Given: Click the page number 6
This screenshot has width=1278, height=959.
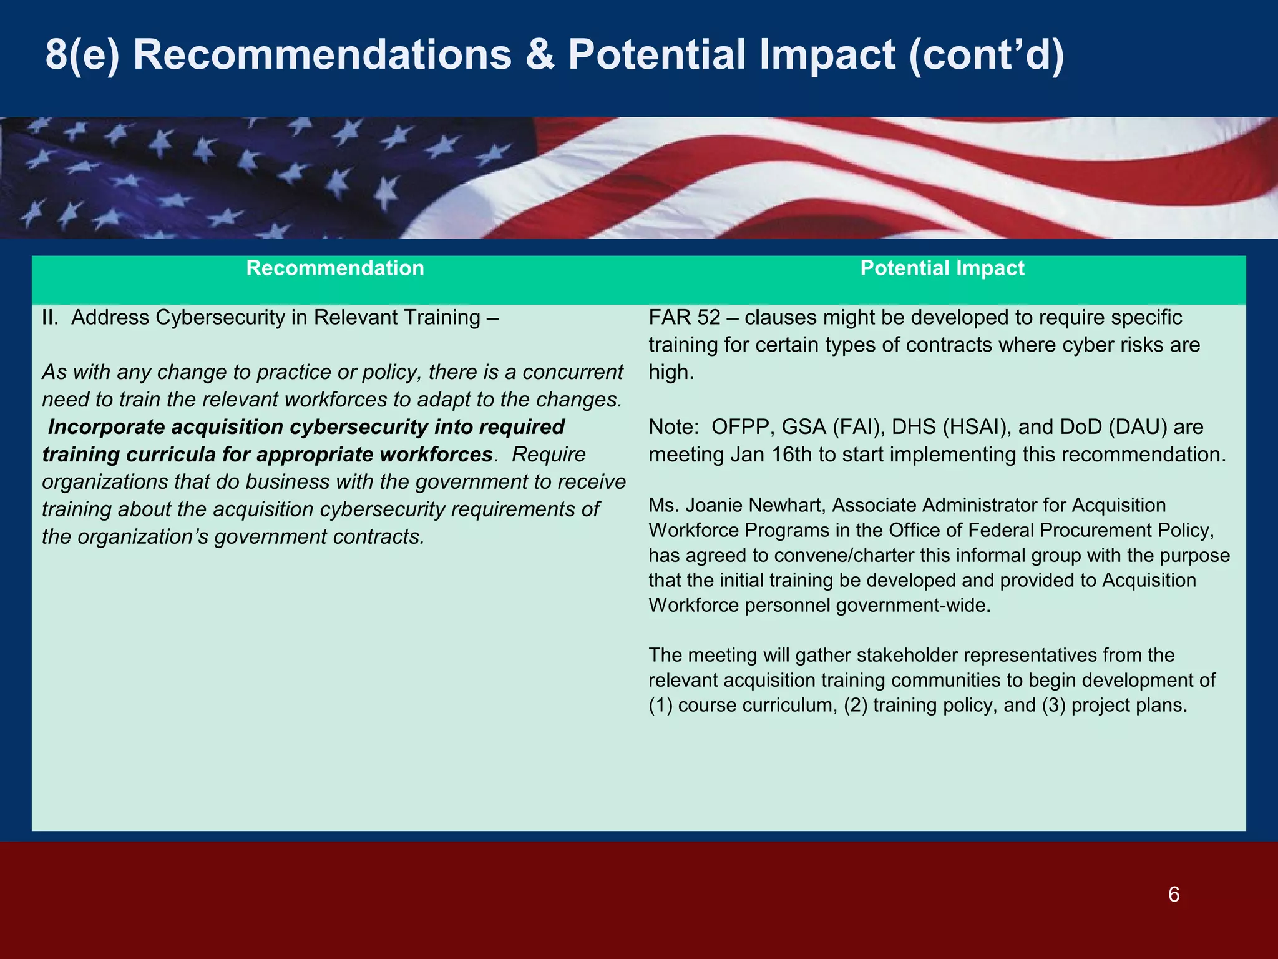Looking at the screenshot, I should point(1173,895).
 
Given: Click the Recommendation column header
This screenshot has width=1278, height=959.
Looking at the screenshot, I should point(335,268).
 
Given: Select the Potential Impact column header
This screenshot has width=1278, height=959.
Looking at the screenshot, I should point(942,268).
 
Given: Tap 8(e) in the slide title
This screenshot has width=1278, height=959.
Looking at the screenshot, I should point(82,55).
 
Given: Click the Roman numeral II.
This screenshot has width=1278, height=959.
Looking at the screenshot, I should point(50,318).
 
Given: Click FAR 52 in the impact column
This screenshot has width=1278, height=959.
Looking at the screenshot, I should point(684,318).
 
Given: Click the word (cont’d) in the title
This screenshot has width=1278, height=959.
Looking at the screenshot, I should point(986,55).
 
